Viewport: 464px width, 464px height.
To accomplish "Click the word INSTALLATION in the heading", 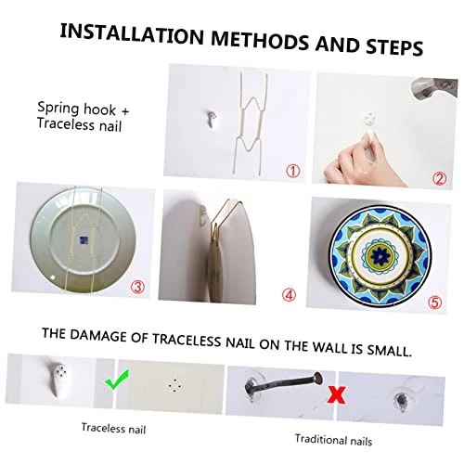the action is click(x=132, y=34).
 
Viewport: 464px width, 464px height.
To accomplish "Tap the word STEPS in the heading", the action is click(x=394, y=47).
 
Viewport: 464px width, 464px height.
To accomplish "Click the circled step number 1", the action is click(x=292, y=171).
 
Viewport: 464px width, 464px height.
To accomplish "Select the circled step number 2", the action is click(x=439, y=178).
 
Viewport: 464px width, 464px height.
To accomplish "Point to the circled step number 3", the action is click(x=137, y=287).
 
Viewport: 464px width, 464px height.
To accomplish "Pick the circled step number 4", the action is click(x=289, y=295).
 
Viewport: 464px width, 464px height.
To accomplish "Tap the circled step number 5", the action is click(x=435, y=302).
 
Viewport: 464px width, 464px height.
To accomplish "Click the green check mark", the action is click(x=116, y=380).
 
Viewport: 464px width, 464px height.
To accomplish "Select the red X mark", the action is click(x=337, y=395).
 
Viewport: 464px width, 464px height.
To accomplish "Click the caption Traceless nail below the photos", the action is click(x=113, y=429).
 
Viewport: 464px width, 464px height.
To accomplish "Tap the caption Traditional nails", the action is click(x=333, y=440).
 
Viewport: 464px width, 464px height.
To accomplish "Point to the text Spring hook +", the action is click(x=84, y=109).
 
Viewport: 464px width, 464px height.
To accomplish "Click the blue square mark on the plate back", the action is click(x=84, y=240).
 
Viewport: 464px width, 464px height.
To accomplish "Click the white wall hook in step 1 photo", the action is click(x=213, y=119).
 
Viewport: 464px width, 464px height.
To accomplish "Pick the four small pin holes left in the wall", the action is click(x=174, y=385).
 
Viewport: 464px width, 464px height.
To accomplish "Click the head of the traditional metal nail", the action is click(x=317, y=378).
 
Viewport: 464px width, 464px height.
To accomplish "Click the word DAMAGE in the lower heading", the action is click(x=98, y=336).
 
